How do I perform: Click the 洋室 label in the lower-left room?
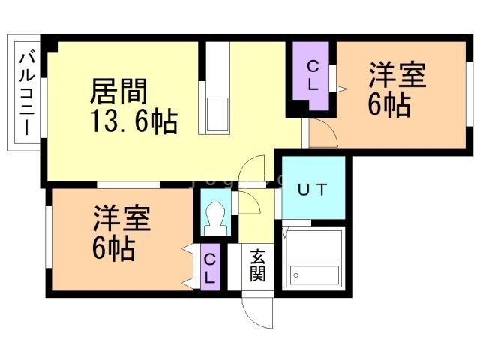pyautogui.click(x=121, y=219)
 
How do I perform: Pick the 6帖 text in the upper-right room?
pyautogui.click(x=388, y=106)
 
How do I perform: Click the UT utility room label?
pyautogui.click(x=312, y=190)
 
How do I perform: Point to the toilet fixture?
pyautogui.click(x=216, y=218)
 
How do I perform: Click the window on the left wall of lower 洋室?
pyautogui.click(x=47, y=235)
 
